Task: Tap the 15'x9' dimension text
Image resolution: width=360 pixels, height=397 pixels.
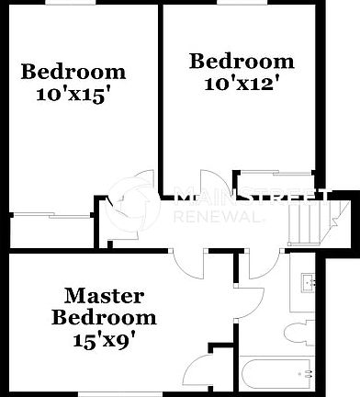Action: (104, 337)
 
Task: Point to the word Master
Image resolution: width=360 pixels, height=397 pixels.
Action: (104, 296)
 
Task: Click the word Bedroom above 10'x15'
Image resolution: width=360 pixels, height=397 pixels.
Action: (73, 72)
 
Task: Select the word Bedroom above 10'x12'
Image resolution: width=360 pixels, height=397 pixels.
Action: (242, 62)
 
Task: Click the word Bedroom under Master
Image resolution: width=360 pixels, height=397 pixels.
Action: (104, 317)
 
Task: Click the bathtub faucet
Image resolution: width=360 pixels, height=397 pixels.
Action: (307, 374)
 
